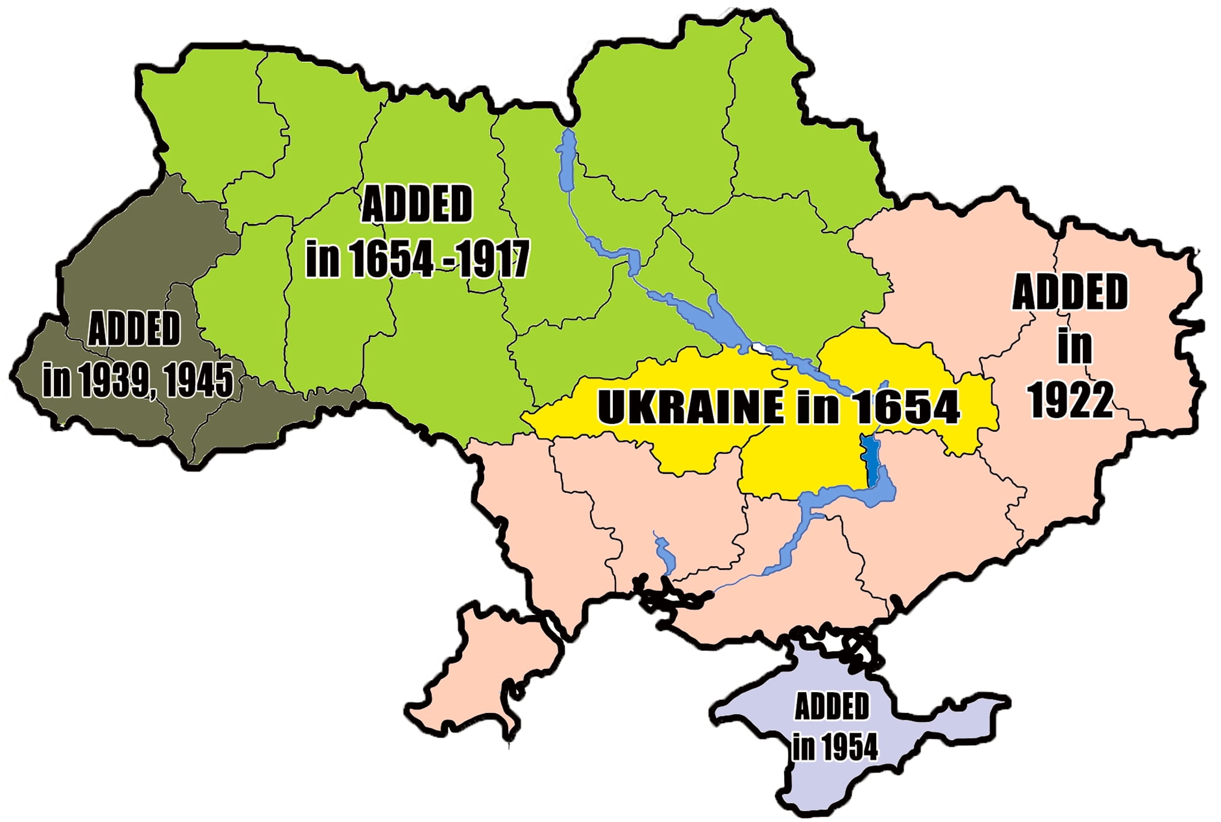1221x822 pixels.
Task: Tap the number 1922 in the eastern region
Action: tap(1071, 399)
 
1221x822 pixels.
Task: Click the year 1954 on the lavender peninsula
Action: tap(849, 747)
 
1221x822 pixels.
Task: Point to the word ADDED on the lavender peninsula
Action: tap(831, 706)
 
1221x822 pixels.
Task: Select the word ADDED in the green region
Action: tap(417, 204)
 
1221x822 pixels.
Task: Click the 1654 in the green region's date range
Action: tap(391, 259)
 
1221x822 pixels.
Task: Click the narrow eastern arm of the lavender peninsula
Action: tap(970, 706)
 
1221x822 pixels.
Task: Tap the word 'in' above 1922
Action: tap(1074, 346)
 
